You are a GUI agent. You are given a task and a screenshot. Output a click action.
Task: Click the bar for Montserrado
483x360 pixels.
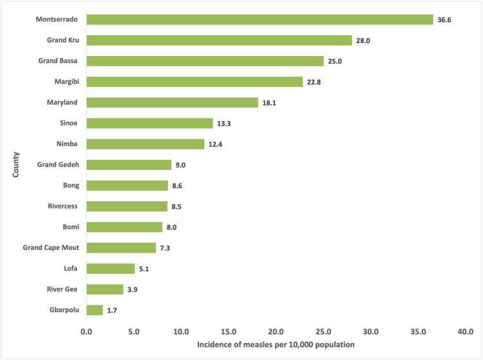[260, 19]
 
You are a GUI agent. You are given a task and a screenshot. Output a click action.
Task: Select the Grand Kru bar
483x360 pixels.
[219, 41]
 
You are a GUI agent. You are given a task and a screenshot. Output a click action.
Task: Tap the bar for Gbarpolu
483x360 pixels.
[95, 310]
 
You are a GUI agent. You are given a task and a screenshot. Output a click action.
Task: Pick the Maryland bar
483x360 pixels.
[172, 102]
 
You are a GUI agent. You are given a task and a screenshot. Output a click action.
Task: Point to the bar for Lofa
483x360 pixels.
[111, 269]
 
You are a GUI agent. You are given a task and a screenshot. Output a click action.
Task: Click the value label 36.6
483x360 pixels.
[445, 20]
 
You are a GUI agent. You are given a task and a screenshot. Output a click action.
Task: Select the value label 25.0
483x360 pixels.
[336, 61]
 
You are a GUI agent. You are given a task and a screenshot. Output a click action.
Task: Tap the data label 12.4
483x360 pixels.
[216, 144]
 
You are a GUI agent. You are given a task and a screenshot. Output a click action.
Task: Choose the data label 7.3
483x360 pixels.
[167, 248]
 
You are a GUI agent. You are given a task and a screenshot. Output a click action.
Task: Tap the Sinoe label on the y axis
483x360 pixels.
[69, 123]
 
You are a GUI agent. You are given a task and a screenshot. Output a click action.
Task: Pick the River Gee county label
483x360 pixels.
[63, 289]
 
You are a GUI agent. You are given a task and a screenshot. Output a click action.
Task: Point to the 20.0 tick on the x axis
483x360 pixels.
[276, 332]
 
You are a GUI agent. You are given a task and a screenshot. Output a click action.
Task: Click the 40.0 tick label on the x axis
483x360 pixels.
[466, 332]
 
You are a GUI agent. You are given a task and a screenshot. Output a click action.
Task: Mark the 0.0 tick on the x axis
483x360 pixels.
[86, 332]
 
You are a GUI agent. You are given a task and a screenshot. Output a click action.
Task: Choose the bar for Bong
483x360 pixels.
[128, 185]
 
